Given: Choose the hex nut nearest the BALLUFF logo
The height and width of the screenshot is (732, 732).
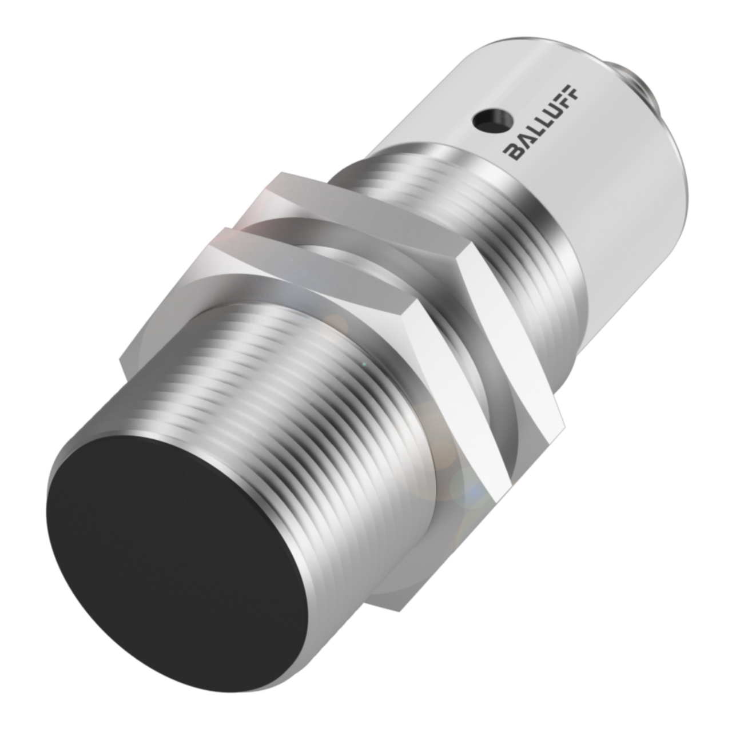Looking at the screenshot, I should tap(366, 229).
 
